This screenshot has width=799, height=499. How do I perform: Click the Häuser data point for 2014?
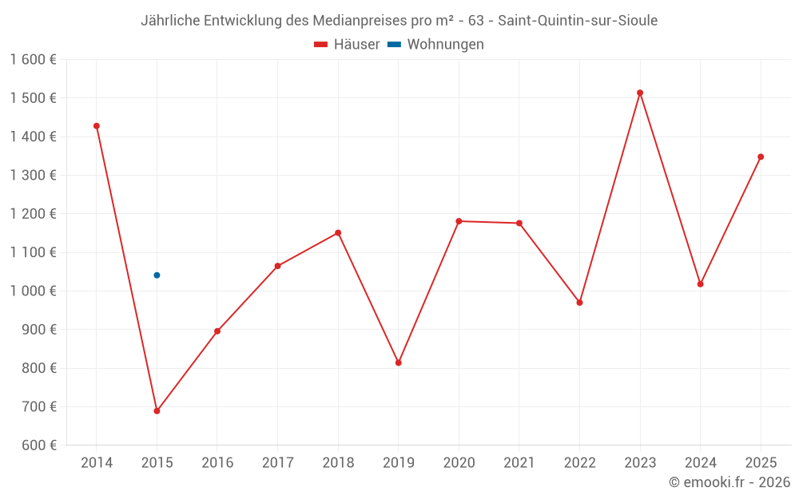pos(97,126)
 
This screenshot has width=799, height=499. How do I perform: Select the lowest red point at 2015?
pos(157,411)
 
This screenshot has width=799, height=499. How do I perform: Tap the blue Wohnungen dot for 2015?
pos(157,275)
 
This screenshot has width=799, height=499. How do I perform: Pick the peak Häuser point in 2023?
pos(640,93)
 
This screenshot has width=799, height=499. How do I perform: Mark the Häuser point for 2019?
pos(399,362)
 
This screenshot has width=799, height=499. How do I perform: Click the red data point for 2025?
pos(761,156)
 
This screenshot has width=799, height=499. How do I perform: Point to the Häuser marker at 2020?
pos(459,221)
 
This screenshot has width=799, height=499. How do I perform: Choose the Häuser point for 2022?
pos(579,303)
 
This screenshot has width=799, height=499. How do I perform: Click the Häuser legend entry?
pos(347,45)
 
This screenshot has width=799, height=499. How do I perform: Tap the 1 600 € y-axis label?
pos(33,60)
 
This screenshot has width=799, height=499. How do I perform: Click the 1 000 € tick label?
pos(33,291)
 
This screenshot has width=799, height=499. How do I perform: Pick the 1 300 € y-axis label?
pos(33,176)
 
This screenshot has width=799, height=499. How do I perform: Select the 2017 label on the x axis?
pos(277,463)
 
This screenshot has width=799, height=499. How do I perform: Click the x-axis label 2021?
pos(519,463)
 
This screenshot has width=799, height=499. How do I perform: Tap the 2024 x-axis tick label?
pos(700,463)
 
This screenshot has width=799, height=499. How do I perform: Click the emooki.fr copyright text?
pos(729,482)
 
